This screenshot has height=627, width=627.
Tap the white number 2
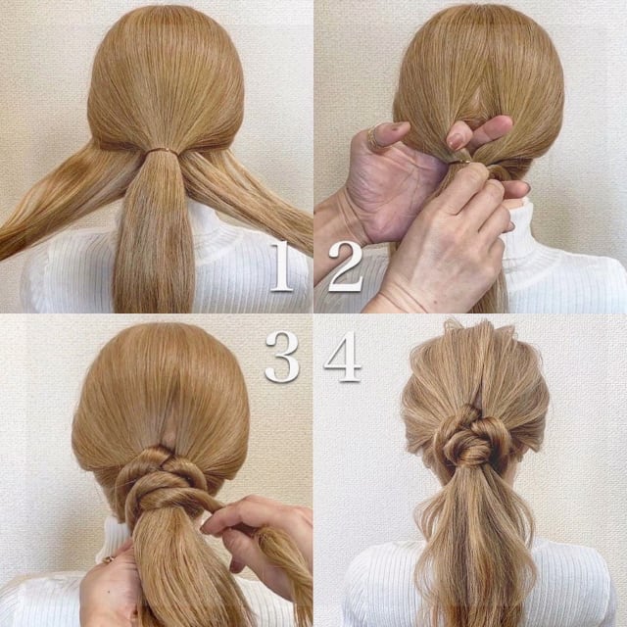click(344, 265)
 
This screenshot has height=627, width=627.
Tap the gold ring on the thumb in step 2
click(375, 137)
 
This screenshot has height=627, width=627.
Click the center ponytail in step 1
click(156, 235)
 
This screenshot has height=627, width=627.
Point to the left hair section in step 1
click(59, 206)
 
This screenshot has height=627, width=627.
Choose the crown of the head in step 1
click(162, 49)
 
